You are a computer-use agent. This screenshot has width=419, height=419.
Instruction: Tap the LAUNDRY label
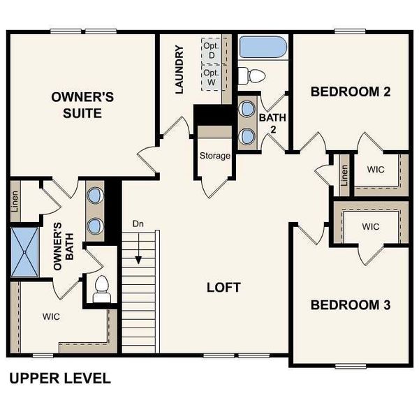pyautogui.click(x=179, y=70)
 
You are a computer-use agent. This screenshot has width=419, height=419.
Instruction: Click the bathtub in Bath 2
pyautogui.click(x=263, y=47)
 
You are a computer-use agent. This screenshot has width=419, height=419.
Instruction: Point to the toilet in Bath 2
pyautogui.click(x=251, y=75)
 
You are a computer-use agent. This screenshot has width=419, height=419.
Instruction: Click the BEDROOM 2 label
pyautogui.click(x=349, y=91)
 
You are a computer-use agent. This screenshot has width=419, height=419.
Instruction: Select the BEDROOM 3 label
pyautogui.click(x=349, y=305)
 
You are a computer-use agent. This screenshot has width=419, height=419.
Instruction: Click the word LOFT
pyautogui.click(x=223, y=287)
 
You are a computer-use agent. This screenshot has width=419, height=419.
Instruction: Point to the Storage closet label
pyautogui.click(x=214, y=155)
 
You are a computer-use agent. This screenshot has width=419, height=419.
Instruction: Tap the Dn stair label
pyautogui.click(x=138, y=224)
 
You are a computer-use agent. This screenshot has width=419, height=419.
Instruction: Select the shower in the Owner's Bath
pyautogui.click(x=27, y=250)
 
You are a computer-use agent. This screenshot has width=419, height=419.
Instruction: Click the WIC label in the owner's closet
pyautogui.click(x=51, y=316)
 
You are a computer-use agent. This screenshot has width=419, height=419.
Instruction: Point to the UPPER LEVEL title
pyautogui.click(x=59, y=379)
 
